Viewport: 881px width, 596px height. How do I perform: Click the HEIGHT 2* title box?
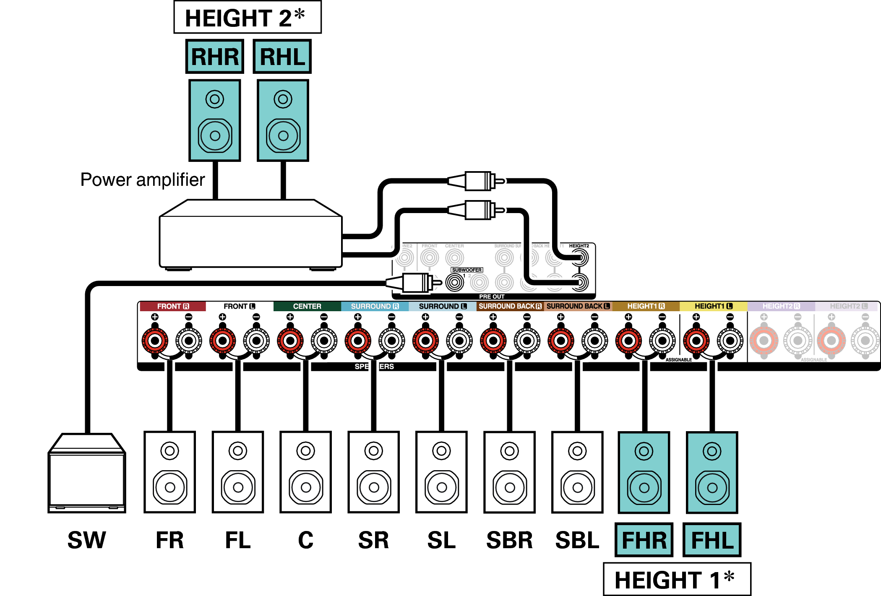(x=248, y=18)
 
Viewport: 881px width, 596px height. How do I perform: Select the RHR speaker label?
(x=215, y=57)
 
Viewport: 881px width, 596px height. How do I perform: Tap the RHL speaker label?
(x=282, y=57)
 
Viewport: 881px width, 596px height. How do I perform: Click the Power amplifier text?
(x=143, y=180)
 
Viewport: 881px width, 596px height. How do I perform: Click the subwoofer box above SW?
(x=87, y=474)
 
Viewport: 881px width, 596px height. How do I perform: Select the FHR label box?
(x=644, y=540)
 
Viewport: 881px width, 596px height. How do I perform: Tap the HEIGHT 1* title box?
(x=677, y=580)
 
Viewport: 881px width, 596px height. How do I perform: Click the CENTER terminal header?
(x=307, y=306)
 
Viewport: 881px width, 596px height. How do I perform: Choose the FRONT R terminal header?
(x=173, y=306)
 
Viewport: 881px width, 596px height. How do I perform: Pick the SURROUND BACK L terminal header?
(x=578, y=306)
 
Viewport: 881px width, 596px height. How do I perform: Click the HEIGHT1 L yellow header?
(x=713, y=306)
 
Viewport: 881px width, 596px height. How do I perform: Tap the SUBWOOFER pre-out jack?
(x=455, y=282)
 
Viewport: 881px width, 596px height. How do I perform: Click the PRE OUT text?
(x=492, y=297)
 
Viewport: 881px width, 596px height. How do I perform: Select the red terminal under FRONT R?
(x=155, y=341)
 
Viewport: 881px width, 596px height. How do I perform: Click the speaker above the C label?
(x=306, y=472)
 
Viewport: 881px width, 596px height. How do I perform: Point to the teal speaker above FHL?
(x=712, y=472)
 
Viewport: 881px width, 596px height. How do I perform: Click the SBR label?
(x=509, y=540)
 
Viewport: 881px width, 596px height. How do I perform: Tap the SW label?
(x=87, y=540)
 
